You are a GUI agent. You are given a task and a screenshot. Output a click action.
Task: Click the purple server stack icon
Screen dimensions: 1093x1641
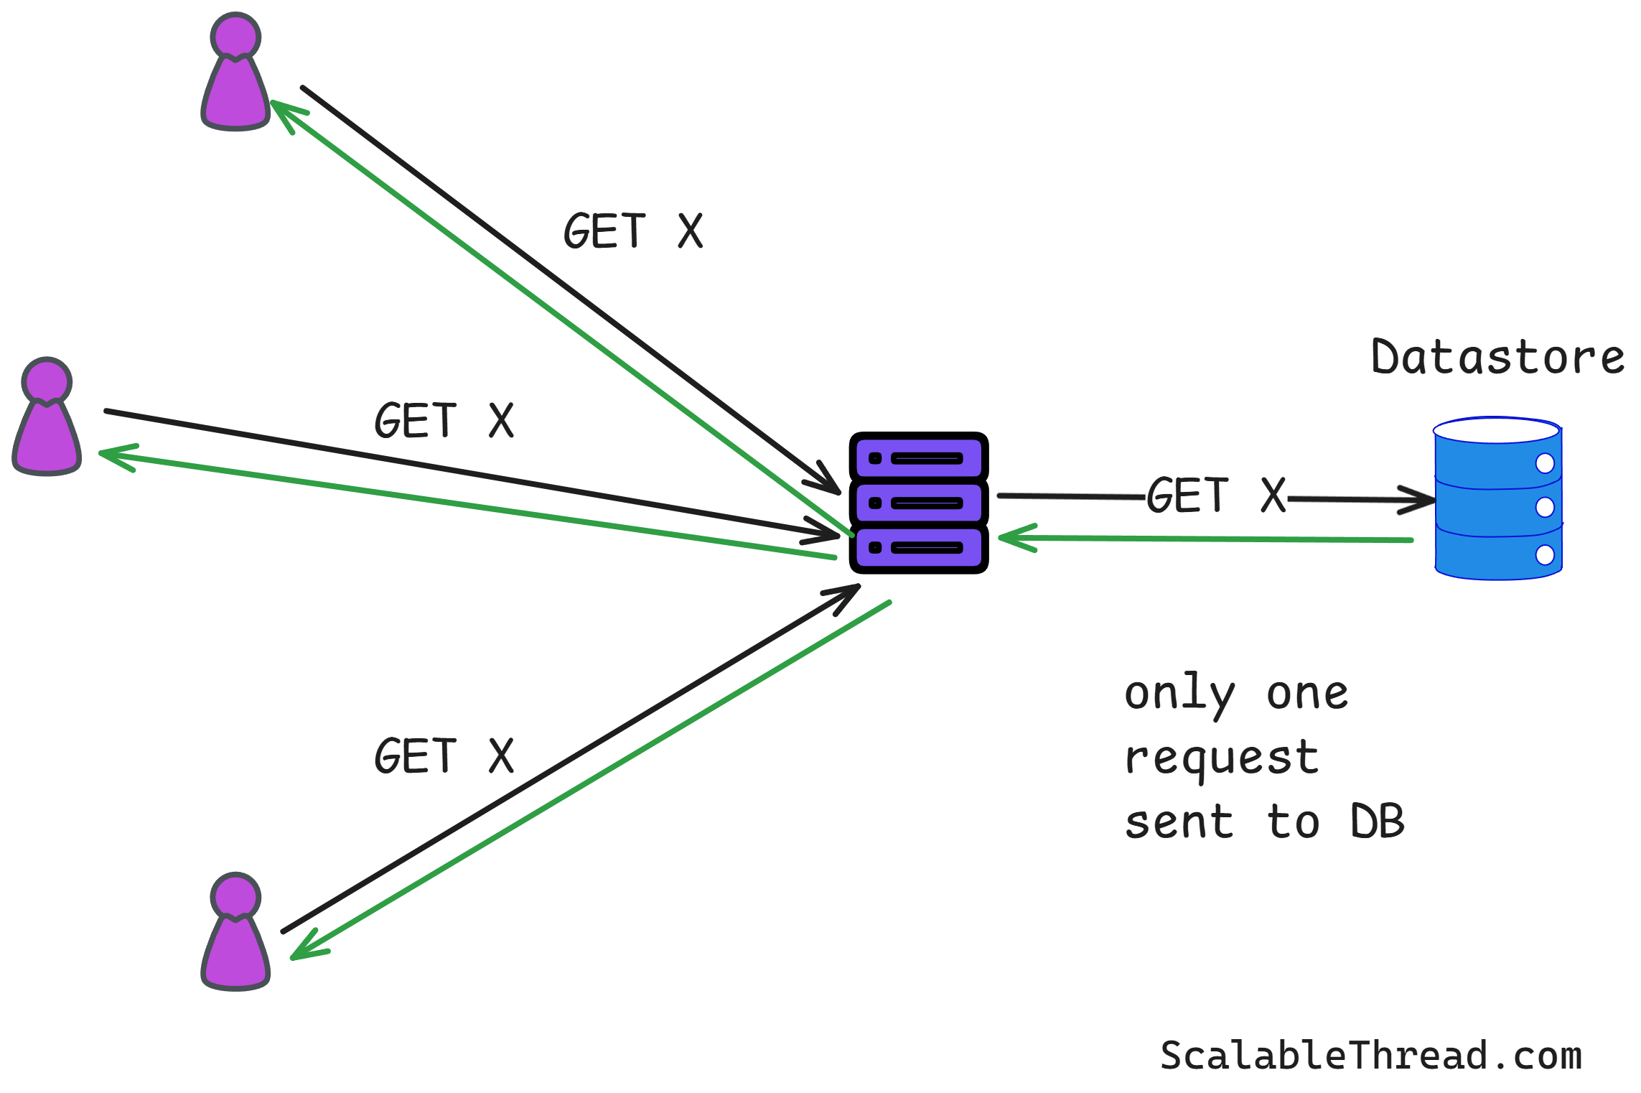click(919, 503)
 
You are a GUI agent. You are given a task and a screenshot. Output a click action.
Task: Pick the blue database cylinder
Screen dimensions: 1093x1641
click(1498, 499)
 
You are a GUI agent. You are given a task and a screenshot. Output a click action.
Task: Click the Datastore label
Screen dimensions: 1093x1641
click(1497, 357)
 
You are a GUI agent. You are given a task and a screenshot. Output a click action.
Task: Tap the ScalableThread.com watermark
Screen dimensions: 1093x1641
click(1371, 1056)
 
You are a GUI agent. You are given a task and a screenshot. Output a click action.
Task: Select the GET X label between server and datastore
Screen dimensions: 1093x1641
click(1216, 495)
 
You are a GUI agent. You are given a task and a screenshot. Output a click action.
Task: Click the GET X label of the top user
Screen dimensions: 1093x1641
click(633, 231)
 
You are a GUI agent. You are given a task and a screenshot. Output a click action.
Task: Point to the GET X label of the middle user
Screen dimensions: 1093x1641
click(444, 420)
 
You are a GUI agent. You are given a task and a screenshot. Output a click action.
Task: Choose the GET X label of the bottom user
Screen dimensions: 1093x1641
click(444, 755)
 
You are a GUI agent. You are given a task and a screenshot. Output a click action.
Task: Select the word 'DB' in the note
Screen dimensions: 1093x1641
click(1377, 822)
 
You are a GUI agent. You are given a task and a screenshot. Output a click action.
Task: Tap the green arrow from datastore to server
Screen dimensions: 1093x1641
click(1206, 539)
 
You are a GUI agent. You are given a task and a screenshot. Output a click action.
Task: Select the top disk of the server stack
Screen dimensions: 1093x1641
click(919, 458)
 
